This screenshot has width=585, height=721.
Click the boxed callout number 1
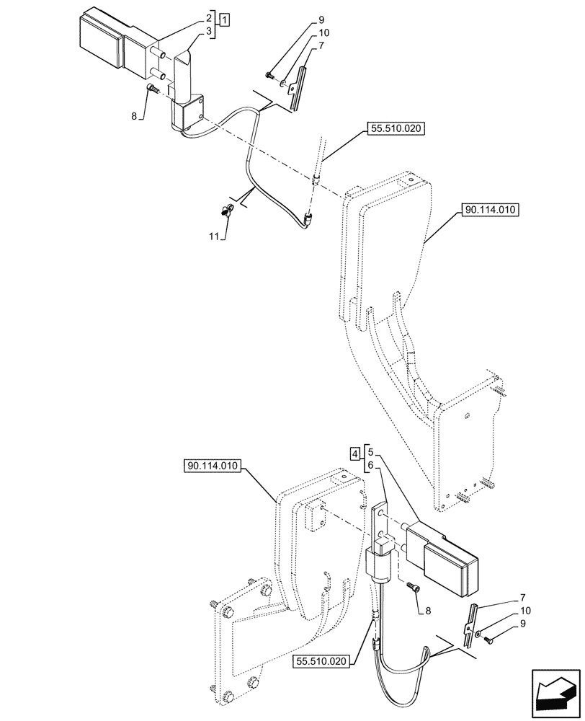(x=225, y=19)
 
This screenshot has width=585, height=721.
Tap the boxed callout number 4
(x=354, y=454)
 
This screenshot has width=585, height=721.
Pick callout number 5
(x=370, y=453)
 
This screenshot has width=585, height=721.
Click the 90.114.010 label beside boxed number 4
(x=213, y=466)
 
